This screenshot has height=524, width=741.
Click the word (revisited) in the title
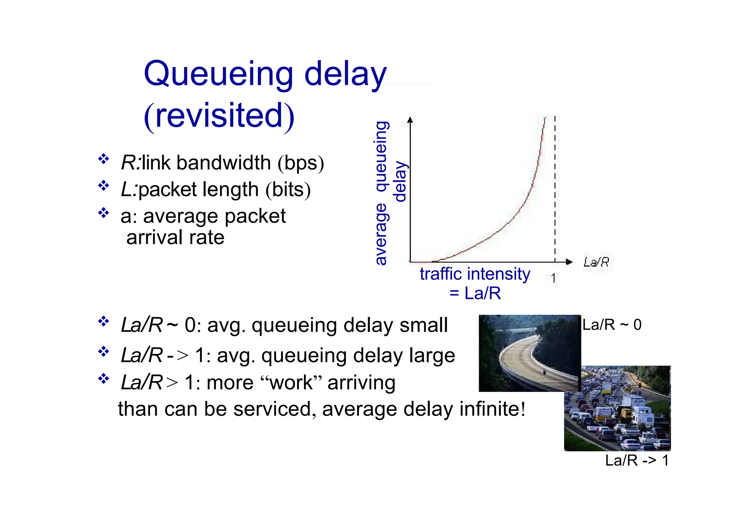point(219,115)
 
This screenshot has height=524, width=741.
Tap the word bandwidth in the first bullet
point(224,162)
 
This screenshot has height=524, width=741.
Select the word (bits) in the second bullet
point(288,189)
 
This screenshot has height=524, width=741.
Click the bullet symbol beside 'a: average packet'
point(103,213)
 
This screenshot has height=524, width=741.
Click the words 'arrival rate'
point(175,238)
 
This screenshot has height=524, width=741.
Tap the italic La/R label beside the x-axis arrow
point(596,262)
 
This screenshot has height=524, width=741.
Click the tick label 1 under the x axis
point(553,278)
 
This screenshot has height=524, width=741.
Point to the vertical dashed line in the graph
point(555,188)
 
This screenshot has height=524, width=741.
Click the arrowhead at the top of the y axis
point(410,120)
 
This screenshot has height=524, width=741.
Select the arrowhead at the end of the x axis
point(569,262)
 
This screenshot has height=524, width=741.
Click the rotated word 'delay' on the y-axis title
point(400,182)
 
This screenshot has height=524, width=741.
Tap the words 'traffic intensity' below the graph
point(475,274)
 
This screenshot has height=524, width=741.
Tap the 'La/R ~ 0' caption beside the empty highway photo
point(611,325)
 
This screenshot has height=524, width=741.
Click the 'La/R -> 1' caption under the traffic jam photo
point(637,461)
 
